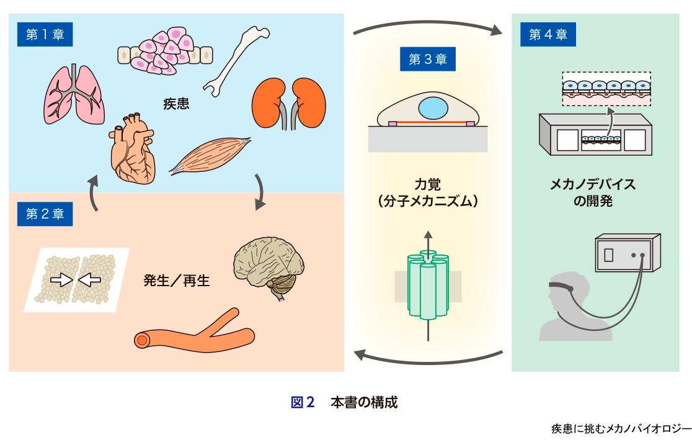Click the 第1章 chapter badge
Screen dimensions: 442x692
(45, 35)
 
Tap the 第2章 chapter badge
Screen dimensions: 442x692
(45, 214)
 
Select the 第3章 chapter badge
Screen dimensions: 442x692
(428, 60)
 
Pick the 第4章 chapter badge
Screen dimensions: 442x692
(548, 35)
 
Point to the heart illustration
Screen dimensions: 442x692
(131, 149)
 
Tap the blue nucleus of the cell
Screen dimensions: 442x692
(433, 108)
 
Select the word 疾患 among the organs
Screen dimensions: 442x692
(176, 103)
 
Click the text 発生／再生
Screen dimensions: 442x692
(177, 281)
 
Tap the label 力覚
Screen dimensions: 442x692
(428, 184)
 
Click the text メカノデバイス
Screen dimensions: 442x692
(593, 184)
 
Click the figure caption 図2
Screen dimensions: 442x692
(303, 402)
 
